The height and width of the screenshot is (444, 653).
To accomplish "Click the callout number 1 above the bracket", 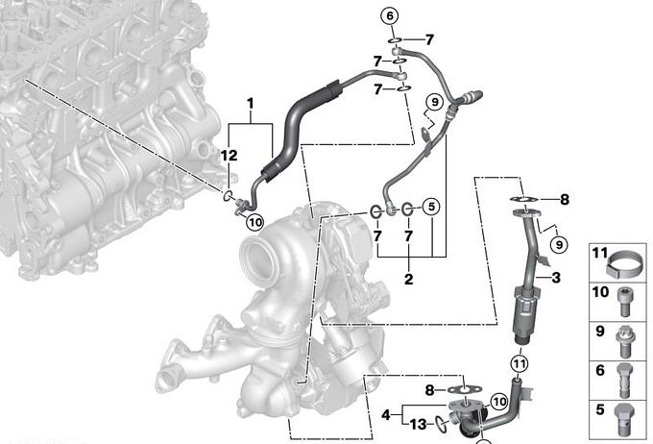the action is (251, 104).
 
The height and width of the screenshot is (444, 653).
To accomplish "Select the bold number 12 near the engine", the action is (229, 156).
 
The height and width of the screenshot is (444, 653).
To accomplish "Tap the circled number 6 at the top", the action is (390, 16).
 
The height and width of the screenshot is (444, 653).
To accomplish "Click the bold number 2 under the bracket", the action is (408, 279).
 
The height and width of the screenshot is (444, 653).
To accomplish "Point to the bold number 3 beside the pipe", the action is (556, 277).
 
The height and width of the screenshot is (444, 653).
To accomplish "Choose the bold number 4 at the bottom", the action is (386, 415).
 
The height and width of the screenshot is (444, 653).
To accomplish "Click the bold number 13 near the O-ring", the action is (419, 425).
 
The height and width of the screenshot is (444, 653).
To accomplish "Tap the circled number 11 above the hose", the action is (519, 364).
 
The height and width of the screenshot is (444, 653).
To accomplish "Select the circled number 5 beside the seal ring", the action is (431, 207).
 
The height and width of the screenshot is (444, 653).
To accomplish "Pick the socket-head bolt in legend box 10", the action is (623, 303).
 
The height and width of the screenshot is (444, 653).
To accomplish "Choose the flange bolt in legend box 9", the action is (623, 342).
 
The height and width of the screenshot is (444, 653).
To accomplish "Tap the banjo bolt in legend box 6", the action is (623, 381).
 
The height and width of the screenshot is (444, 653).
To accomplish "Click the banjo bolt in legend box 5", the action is (623, 418).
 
